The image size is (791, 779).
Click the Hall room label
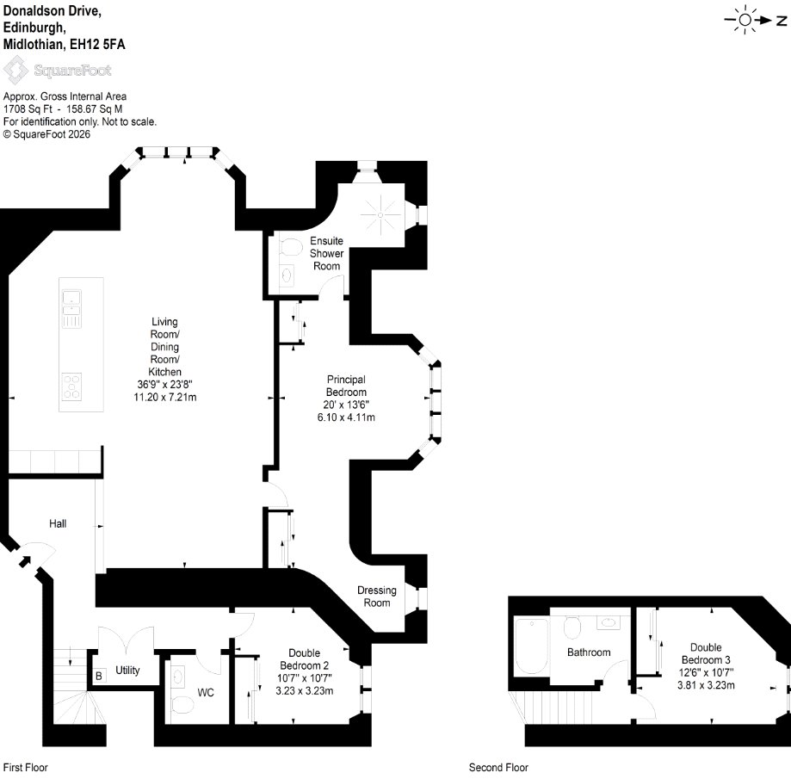pos(58,523)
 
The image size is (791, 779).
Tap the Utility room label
pos(127,670)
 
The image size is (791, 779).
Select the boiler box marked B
pos(99,676)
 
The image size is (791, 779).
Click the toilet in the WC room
pos(182,705)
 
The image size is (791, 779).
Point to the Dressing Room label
pos(377,597)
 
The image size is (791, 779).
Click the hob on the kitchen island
pos(71,386)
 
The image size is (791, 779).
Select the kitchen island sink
pos(71,309)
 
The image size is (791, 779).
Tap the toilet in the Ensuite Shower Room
pos(289,247)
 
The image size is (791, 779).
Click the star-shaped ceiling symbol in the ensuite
pos(380,214)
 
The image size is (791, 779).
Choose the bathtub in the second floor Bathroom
pos(531,646)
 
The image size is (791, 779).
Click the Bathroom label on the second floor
pos(589,652)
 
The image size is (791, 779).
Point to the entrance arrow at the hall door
pos(24,560)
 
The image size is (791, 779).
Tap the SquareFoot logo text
pos(72,70)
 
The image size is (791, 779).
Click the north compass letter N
pos(781,20)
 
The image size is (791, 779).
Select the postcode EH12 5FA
pos(97,44)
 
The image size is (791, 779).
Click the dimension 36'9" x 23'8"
pos(164,385)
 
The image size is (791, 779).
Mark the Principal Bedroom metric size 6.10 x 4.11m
pos(346,417)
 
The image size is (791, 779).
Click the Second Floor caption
pos(498,768)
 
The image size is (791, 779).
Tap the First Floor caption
pos(25,768)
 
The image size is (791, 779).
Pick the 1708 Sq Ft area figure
pos(28,109)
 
